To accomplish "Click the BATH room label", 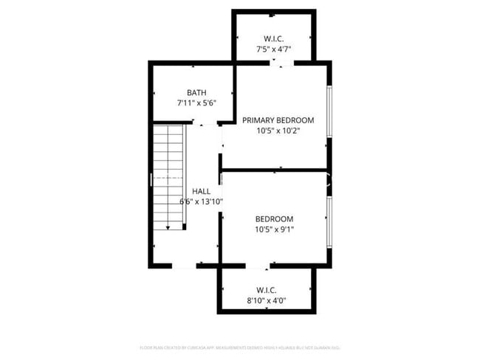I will [x=196, y=92].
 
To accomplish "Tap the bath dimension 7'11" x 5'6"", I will [x=196, y=104].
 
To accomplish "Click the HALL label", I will [x=202, y=190].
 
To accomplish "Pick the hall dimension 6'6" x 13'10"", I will [x=202, y=201].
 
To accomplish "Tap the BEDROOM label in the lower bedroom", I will [x=274, y=219].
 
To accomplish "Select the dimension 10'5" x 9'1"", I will [x=274, y=230].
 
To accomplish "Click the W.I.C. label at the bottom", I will [x=267, y=289].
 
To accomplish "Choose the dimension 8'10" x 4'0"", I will [x=267, y=300].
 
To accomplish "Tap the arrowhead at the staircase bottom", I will [x=168, y=228].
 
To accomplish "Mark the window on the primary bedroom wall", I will [x=329, y=117].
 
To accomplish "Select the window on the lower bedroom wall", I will [x=329, y=219].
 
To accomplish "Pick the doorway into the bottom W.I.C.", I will [x=258, y=265].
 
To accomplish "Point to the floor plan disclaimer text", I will [x=244, y=347].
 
